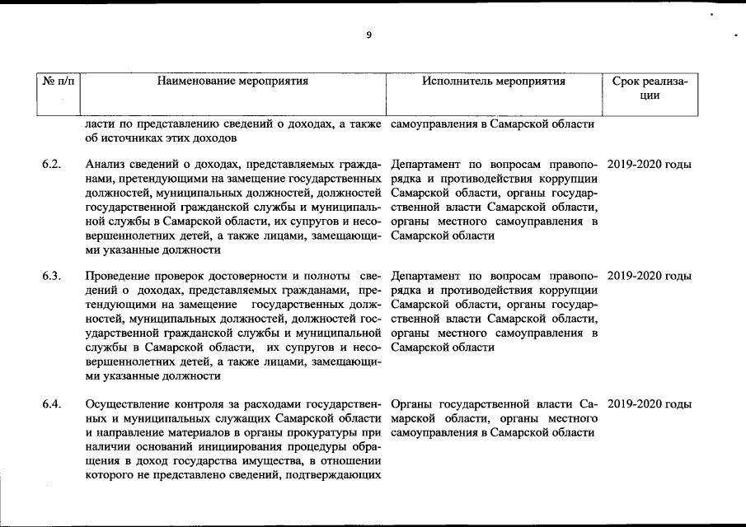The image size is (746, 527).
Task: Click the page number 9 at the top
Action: point(368,35)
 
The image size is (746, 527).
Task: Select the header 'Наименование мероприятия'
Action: point(232,82)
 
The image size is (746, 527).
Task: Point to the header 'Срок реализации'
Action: point(650,88)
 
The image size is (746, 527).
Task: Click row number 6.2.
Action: point(51,165)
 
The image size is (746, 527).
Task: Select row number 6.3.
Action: point(51,276)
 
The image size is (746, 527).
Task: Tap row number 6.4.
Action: point(51,404)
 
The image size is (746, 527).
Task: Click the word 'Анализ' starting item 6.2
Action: point(104,165)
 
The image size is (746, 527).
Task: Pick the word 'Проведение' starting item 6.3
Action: point(116,276)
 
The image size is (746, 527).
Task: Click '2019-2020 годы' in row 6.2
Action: point(648,165)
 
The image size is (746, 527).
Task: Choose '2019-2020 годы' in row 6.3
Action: point(648,276)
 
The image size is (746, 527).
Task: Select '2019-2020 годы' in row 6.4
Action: point(648,404)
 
